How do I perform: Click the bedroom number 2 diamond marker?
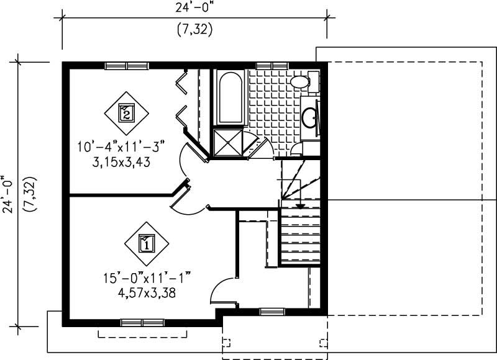(x=126, y=112)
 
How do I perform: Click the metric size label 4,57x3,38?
(x=146, y=292)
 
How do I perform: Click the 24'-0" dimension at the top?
(x=194, y=9)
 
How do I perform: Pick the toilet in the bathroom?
(x=303, y=81)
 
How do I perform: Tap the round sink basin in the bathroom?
(x=310, y=116)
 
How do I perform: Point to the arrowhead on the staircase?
(x=300, y=205)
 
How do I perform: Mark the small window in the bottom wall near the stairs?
(x=271, y=312)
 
